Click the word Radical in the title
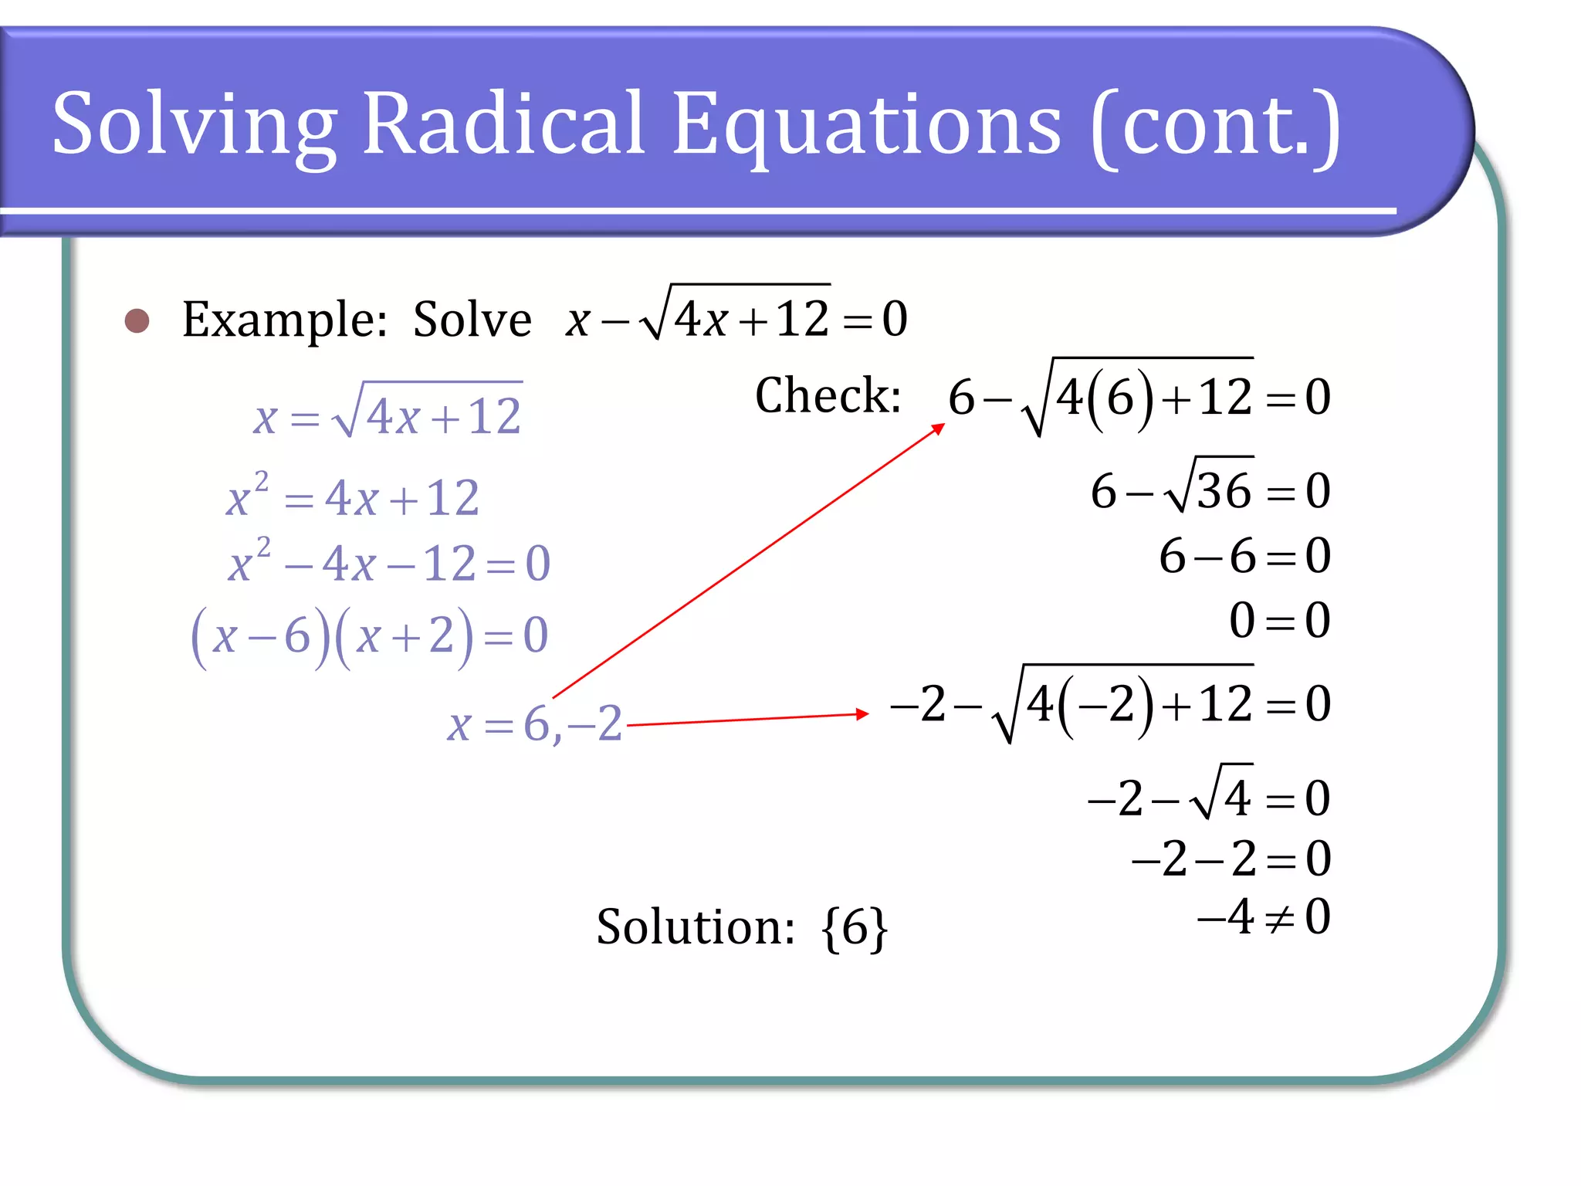pyautogui.click(x=503, y=124)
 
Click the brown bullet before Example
pyautogui.click(x=137, y=320)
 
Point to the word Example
pyautogui.click(x=284, y=320)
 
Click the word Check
pyautogui.click(x=828, y=396)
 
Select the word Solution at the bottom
pyautogui.click(x=695, y=927)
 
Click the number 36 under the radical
pyautogui.click(x=1224, y=491)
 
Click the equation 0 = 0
pyautogui.click(x=1279, y=620)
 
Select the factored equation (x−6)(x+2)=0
pyautogui.click(x=370, y=636)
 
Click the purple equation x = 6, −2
pyautogui.click(x=534, y=724)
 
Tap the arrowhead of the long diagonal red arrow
pyautogui.click(x=939, y=427)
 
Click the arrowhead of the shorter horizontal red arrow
pyautogui.click(x=862, y=714)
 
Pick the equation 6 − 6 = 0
pyautogui.click(x=1244, y=556)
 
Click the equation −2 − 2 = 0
pyautogui.click(x=1231, y=859)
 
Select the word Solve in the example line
pyautogui.click(x=472, y=320)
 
